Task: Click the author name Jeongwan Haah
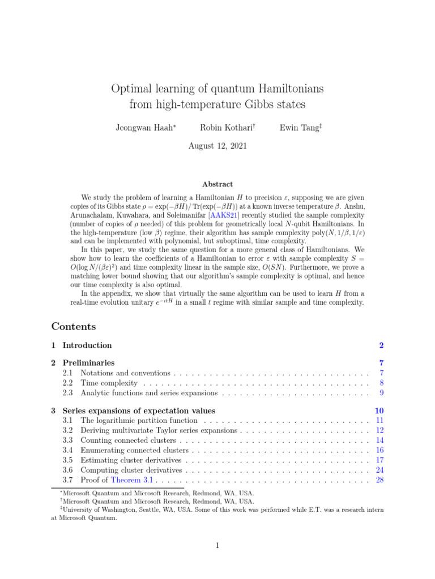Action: point(144,128)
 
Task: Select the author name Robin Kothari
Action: point(220,128)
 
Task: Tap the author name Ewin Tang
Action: point(298,128)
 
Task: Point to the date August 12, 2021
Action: point(217,145)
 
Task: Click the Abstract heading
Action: point(217,184)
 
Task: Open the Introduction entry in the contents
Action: point(87,345)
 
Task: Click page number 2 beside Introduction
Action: point(381,345)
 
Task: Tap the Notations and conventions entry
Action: point(125,373)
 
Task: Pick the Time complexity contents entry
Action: point(109,383)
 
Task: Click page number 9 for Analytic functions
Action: point(382,392)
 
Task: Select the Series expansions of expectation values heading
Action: point(139,411)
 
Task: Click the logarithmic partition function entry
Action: point(139,421)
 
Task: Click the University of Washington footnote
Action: point(136,509)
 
